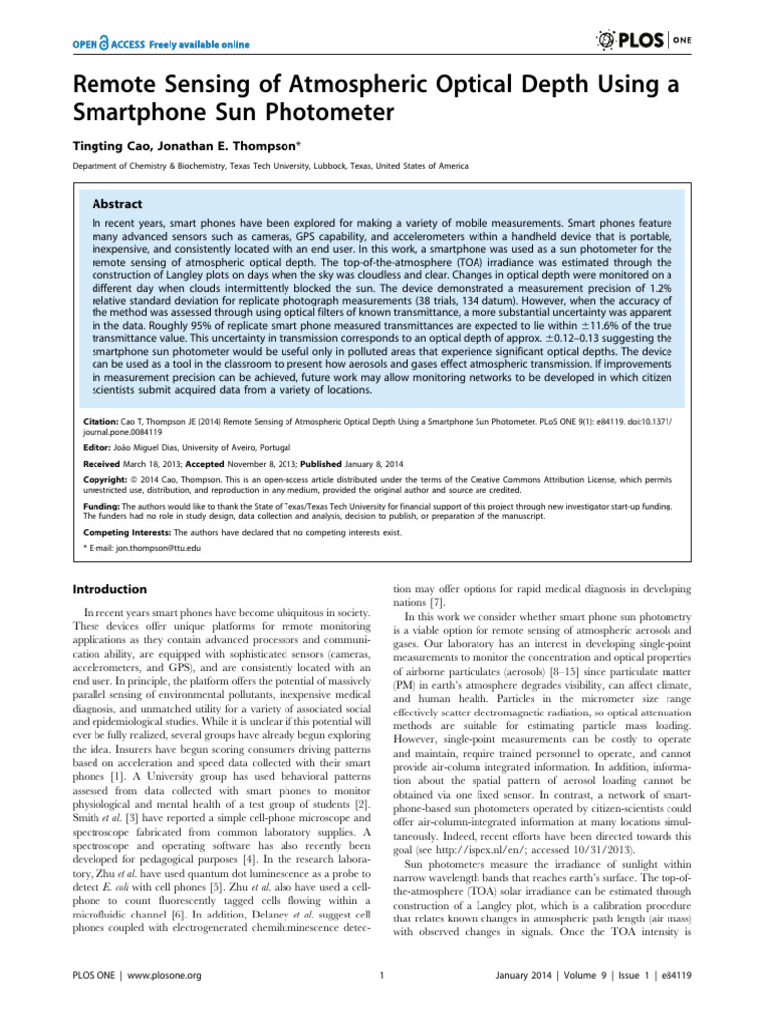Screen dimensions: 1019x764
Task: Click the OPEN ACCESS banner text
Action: click(x=159, y=43)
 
